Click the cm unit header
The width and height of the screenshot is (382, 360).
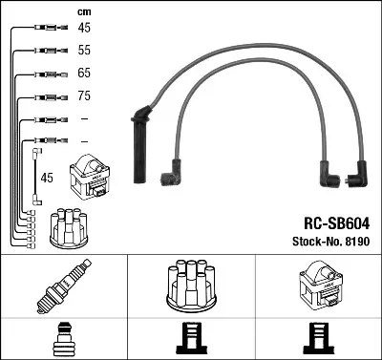click(x=83, y=11)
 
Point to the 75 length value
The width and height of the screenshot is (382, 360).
click(x=84, y=96)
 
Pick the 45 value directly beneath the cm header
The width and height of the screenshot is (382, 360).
click(x=84, y=29)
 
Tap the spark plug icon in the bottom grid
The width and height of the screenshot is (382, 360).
click(x=63, y=284)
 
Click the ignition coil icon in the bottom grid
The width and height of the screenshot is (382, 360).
click(x=317, y=284)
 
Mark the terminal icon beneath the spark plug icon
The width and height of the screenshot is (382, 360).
click(x=63, y=339)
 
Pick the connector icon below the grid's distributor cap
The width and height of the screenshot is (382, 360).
click(x=190, y=339)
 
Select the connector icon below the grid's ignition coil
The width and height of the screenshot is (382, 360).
click(x=317, y=339)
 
